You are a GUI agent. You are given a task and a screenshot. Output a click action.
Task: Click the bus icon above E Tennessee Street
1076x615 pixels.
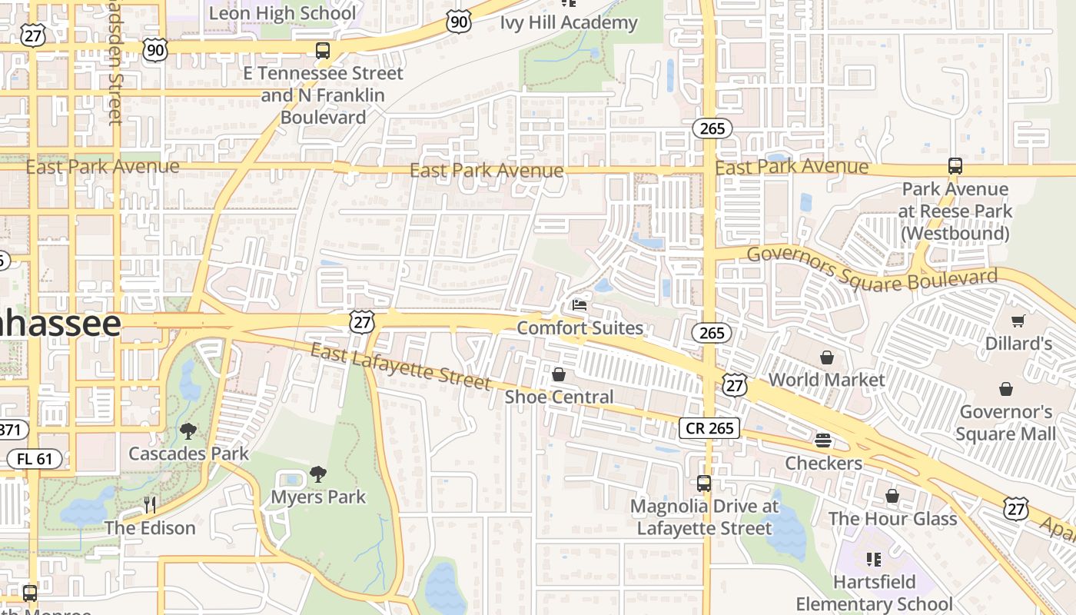click(x=323, y=51)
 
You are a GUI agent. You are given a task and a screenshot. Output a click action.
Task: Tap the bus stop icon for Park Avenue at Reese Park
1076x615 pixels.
click(x=955, y=166)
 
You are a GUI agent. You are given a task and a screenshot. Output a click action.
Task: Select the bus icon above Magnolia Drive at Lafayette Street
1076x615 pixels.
click(x=704, y=484)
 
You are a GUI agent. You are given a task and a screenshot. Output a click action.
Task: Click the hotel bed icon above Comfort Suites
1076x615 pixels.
click(x=580, y=305)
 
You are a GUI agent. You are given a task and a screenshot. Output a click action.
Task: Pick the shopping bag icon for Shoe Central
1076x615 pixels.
click(x=559, y=374)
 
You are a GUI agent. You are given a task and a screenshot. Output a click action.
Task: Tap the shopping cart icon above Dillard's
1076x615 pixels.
click(x=1018, y=321)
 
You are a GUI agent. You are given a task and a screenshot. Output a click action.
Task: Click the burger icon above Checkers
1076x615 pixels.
click(x=823, y=440)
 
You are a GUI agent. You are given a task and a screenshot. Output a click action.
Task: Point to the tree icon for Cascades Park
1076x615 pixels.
click(x=188, y=430)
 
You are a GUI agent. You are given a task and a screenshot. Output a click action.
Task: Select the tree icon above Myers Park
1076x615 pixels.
click(x=317, y=474)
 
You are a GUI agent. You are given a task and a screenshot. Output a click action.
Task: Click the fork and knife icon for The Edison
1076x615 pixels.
click(x=150, y=505)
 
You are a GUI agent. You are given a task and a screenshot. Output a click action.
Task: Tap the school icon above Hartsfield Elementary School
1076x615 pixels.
click(x=873, y=559)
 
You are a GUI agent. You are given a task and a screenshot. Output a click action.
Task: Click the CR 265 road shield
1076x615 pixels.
click(x=709, y=428)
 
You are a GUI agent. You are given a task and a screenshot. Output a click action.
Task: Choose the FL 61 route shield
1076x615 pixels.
click(x=34, y=460)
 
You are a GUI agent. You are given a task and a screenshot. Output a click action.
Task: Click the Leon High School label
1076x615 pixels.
click(x=283, y=13)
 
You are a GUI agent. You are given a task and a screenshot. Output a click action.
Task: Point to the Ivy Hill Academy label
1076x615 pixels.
click(x=569, y=22)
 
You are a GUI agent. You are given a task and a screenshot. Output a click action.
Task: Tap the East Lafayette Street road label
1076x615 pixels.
click(x=400, y=366)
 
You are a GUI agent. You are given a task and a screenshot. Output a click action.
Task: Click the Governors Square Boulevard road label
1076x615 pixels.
click(x=872, y=269)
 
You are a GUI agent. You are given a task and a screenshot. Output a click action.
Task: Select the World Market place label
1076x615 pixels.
click(x=827, y=380)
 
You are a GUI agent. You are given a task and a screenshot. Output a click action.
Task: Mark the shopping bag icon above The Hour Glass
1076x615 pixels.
click(x=892, y=497)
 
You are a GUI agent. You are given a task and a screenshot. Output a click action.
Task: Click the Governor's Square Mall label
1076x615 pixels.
click(x=1006, y=423)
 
